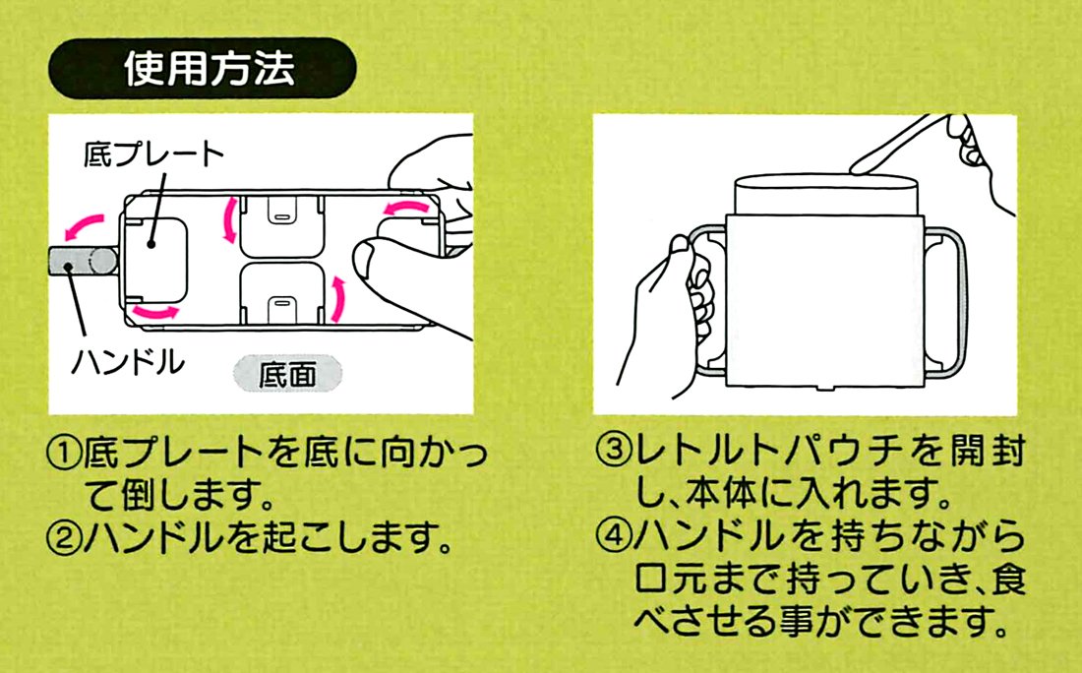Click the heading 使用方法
tap(210, 68)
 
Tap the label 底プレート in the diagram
tap(153, 153)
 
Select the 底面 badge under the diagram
tap(287, 374)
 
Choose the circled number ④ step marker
tap(614, 535)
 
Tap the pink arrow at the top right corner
tap(405, 208)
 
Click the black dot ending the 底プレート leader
tap(150, 244)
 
